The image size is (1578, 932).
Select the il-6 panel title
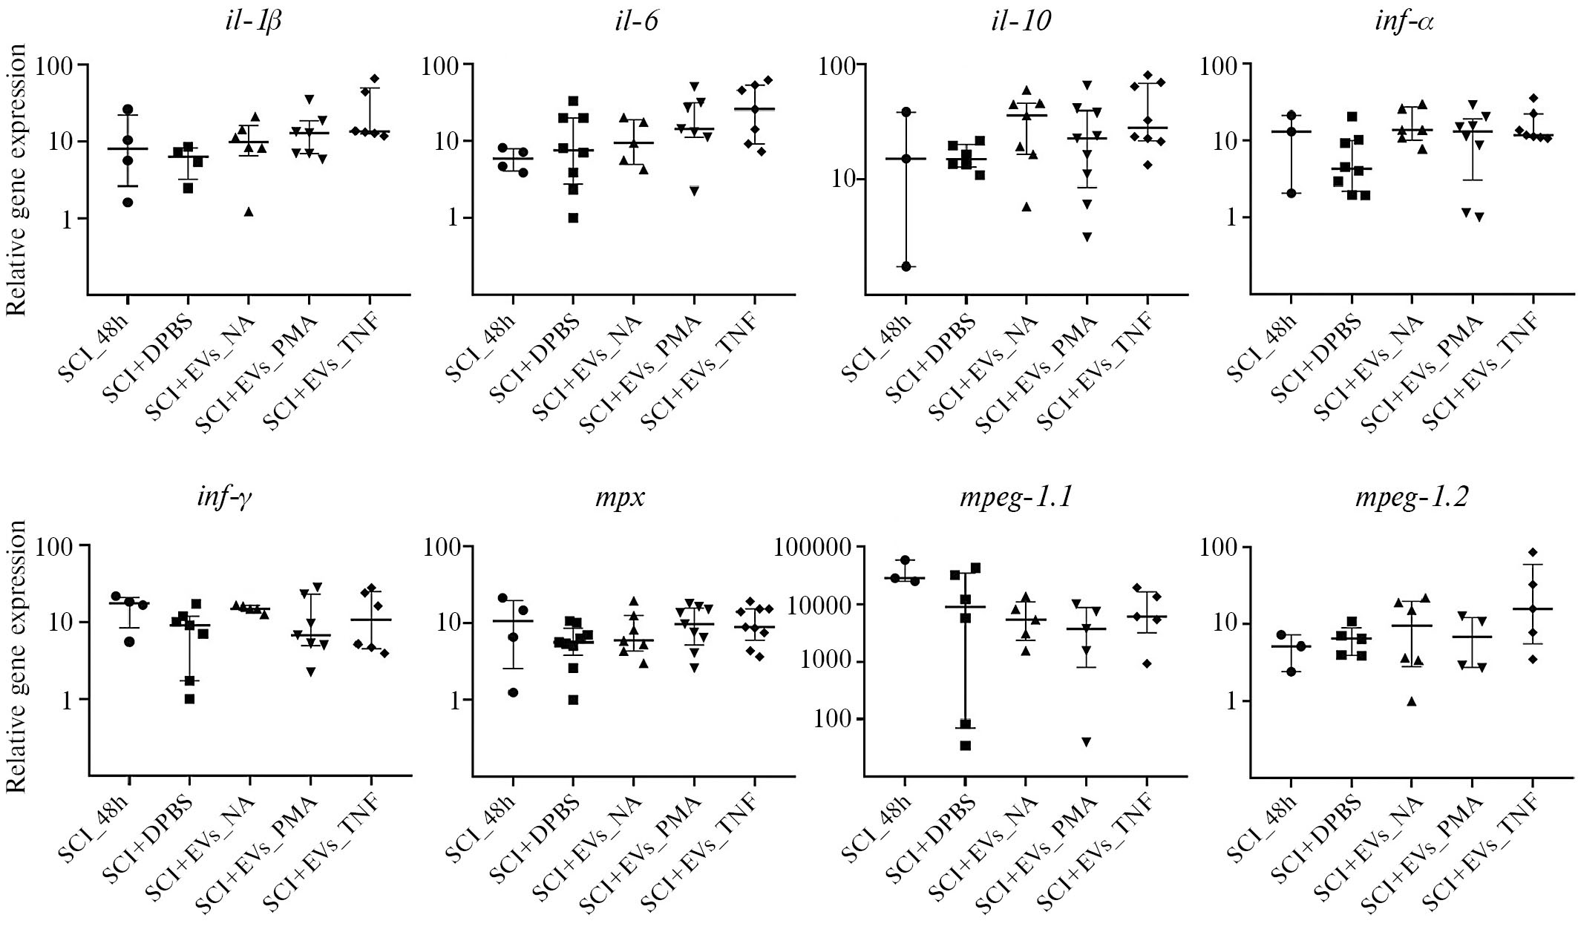click(632, 22)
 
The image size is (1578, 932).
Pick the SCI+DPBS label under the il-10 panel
click(931, 348)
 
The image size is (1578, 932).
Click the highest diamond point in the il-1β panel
click(375, 79)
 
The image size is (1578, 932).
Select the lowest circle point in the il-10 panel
click(906, 266)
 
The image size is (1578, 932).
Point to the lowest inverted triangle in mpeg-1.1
click(1087, 742)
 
